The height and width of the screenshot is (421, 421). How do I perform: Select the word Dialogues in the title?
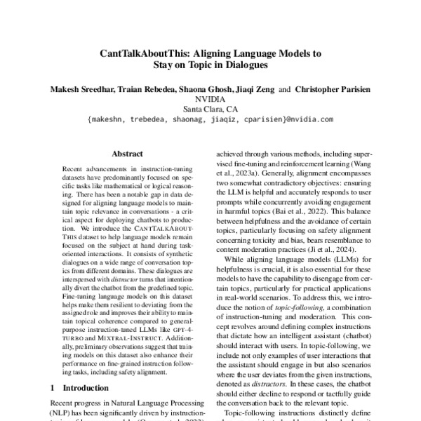pyautogui.click(x=246, y=67)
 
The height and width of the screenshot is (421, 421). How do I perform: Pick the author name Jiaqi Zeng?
pyautogui.click(x=253, y=90)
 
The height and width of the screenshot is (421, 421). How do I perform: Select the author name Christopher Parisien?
pyautogui.click(x=331, y=90)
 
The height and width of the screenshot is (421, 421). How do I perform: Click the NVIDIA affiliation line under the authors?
pyautogui.click(x=210, y=100)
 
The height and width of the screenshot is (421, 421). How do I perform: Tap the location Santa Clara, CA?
pyautogui.click(x=210, y=109)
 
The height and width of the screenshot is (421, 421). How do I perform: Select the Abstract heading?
pyautogui.click(x=127, y=154)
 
